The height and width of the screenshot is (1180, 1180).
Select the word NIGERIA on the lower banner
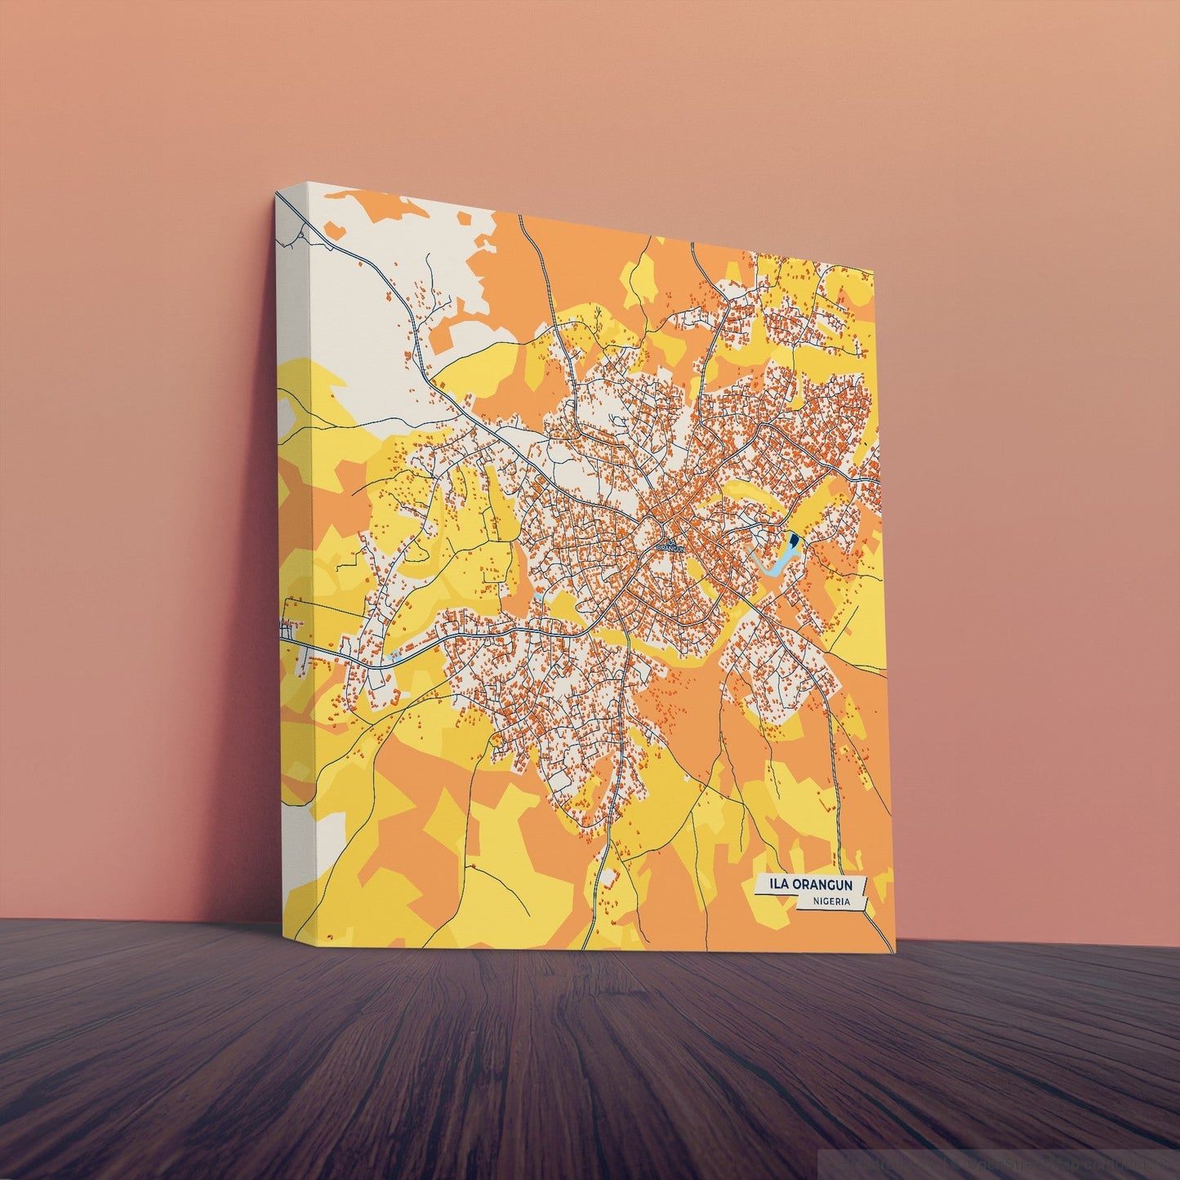click(x=831, y=902)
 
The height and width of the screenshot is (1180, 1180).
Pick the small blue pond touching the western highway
click(x=395, y=656)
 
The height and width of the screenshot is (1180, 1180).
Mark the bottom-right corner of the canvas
click(x=895, y=952)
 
